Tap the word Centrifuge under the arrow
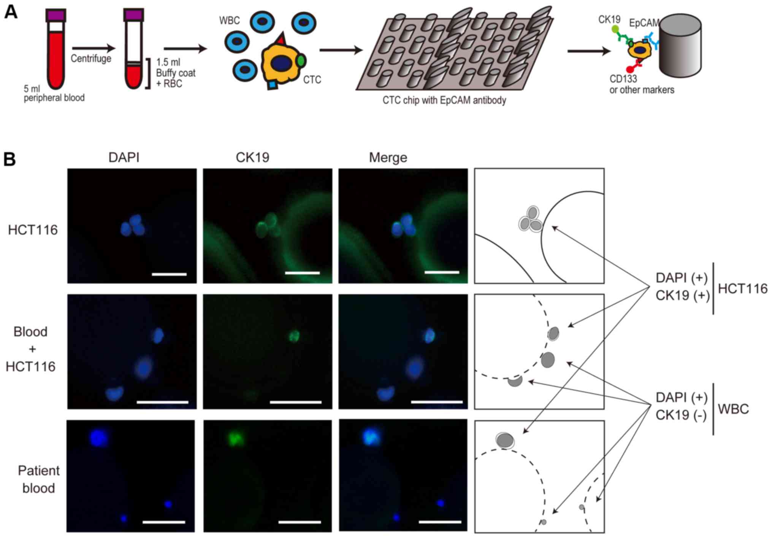pyautogui.click(x=91, y=59)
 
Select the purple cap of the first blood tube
pyautogui.click(x=56, y=16)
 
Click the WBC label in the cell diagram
pyautogui.click(x=229, y=20)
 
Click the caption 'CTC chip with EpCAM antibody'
pyautogui.click(x=444, y=100)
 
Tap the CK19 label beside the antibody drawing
pyautogui.click(x=609, y=19)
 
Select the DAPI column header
pyautogui.click(x=124, y=158)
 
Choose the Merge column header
pyautogui.click(x=388, y=158)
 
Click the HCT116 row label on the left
pyautogui.click(x=33, y=230)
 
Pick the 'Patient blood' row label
pyautogui.click(x=38, y=479)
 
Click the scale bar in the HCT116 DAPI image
pyautogui.click(x=169, y=274)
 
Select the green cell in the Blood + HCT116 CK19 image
pyautogui.click(x=294, y=336)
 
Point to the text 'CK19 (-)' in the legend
pyautogui.click(x=681, y=414)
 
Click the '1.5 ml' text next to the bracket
pyautogui.click(x=168, y=62)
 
